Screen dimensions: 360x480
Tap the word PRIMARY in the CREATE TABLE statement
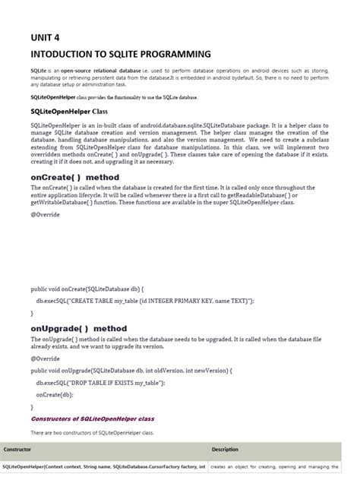[189, 301]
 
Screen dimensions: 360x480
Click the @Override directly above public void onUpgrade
[46, 358]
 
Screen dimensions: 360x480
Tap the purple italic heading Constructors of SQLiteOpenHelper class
[92, 418]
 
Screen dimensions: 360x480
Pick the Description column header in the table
[225, 449]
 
